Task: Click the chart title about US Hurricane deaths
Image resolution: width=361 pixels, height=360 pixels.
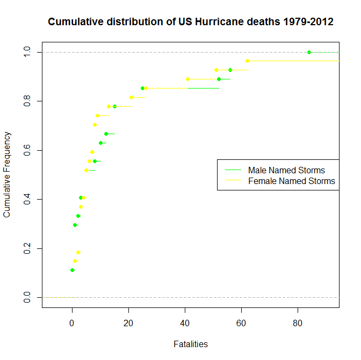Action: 191,22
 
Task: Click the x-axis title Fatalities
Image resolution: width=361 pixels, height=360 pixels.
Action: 191,344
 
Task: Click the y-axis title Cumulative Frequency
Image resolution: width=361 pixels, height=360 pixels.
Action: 7,175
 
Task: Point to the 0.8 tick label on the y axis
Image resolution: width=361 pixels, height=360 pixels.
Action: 27,101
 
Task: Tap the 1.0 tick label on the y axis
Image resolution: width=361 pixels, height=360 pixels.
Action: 27,52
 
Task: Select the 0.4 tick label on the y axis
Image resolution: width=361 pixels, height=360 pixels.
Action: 27,200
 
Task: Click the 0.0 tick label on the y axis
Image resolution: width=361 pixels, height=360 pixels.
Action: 27,298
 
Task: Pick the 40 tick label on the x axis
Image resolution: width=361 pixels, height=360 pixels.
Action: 185,323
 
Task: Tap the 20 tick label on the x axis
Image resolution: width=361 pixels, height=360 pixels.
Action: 128,323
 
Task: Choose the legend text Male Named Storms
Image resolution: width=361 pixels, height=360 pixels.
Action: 286,170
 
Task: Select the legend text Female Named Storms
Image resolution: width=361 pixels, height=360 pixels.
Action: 291,181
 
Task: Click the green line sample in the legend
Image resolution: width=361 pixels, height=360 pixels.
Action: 233,170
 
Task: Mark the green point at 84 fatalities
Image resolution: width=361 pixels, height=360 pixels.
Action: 309,52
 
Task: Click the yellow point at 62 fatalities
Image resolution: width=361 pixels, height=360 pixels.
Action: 247,61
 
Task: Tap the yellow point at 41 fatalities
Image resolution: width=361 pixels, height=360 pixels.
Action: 187,79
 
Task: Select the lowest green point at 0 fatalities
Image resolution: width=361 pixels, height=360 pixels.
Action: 72,270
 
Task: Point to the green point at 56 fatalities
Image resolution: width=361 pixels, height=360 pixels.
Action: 230,70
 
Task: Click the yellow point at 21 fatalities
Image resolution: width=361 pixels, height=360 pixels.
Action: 131,97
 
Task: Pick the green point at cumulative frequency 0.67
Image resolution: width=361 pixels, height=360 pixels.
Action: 106,134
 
